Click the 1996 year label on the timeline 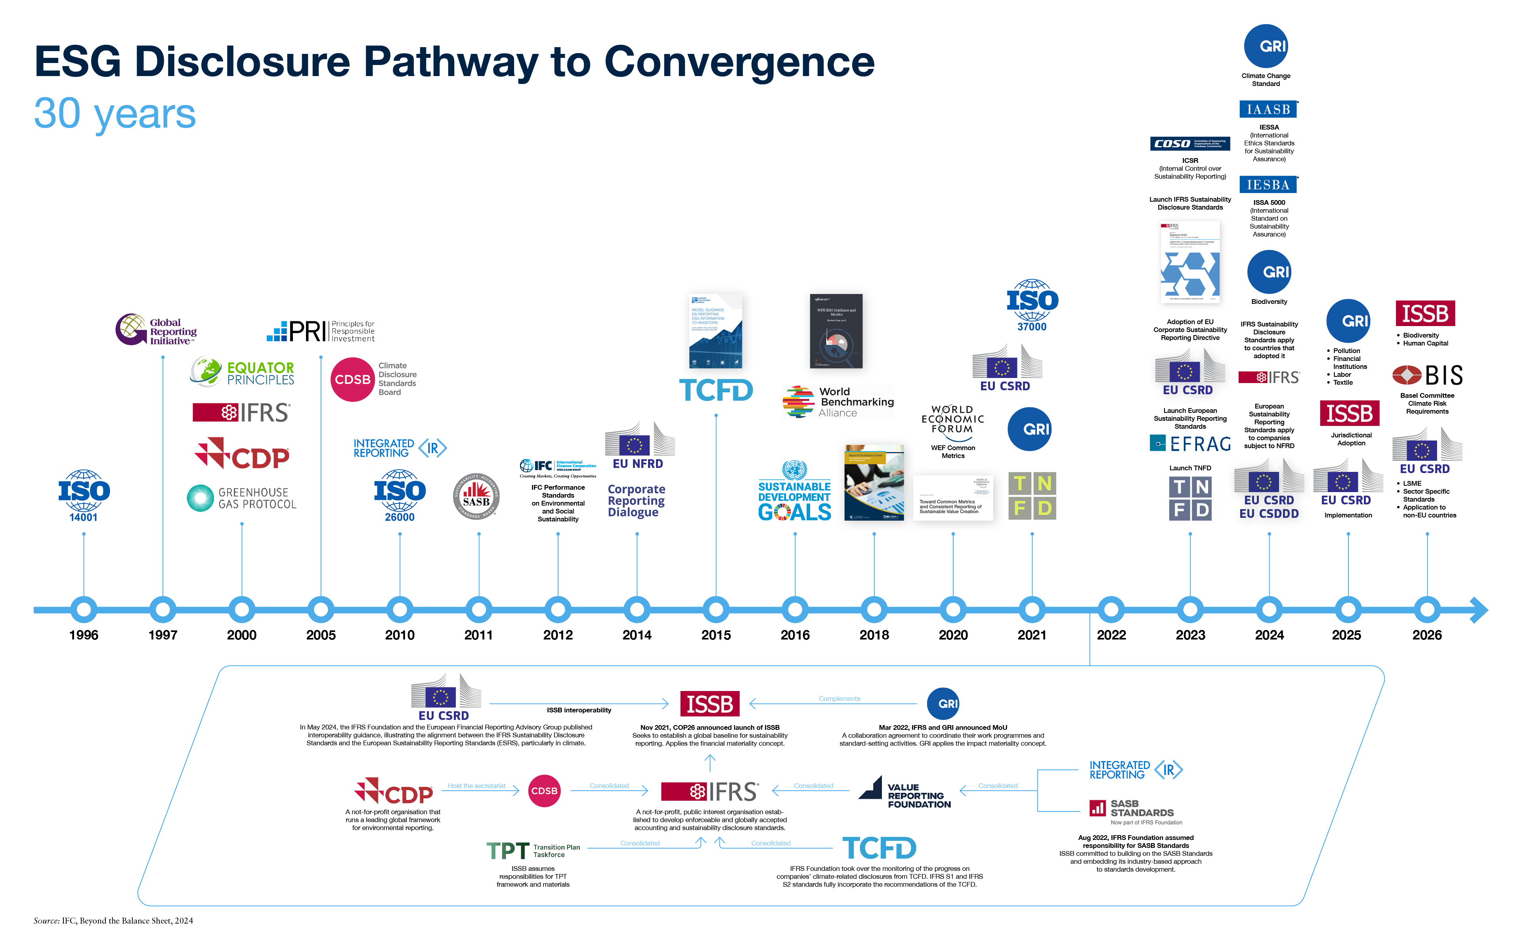coord(83,635)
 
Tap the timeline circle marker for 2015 coord(716,610)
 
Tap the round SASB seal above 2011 coord(476,496)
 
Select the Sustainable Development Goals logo coord(794,492)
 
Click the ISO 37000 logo coord(1032,305)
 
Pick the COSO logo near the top coord(1189,144)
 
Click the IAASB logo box coord(1268,109)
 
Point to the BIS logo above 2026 coord(1427,375)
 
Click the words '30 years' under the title coord(115,113)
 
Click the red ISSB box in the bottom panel coord(709,704)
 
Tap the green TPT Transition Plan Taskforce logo coord(533,850)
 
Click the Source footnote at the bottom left coord(113,920)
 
